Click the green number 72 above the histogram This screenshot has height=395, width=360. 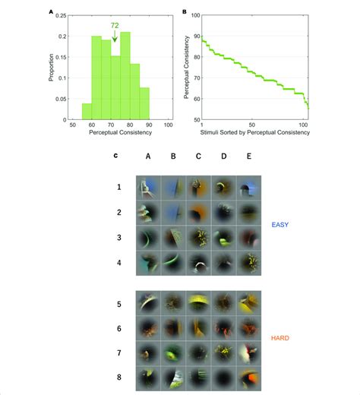tap(115, 26)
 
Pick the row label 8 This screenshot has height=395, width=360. tap(118, 378)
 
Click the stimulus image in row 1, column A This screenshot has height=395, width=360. tap(149, 188)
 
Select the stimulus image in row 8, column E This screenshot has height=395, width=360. tap(248, 378)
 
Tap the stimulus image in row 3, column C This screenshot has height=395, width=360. tap(199, 238)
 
